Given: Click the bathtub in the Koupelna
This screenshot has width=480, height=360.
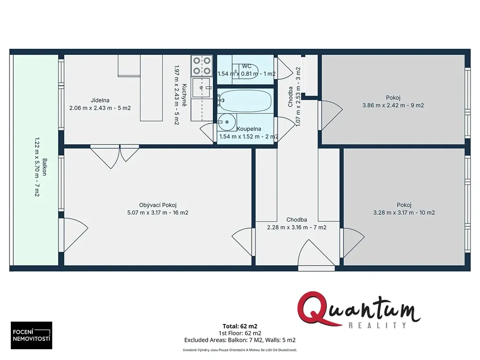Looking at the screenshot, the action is tap(245, 101).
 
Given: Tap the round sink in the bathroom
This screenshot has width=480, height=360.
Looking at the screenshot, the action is tap(227, 122).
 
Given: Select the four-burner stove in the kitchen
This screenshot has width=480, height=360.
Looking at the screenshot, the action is tap(202, 66).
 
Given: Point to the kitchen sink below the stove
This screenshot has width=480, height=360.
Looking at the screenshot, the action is tap(202, 88).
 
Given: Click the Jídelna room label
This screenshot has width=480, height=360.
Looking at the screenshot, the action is tap(100, 100).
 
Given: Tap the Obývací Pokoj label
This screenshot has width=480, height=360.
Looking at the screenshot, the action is tap(157, 205).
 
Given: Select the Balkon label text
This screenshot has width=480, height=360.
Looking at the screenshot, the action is tap(45, 167).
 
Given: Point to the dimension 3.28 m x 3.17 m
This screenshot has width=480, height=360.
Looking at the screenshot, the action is tap(395, 212).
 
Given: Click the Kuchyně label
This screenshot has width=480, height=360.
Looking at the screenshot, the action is tap(184, 95).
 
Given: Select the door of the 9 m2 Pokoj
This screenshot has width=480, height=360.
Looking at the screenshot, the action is tap(330, 115).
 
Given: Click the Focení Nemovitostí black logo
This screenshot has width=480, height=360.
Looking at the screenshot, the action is tap(31, 335).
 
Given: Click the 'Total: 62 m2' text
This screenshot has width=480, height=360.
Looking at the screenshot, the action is tap(240, 326).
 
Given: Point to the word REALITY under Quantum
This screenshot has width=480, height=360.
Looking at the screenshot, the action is tap(377, 325).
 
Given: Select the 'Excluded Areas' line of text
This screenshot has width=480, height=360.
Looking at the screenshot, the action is tap(240, 340).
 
